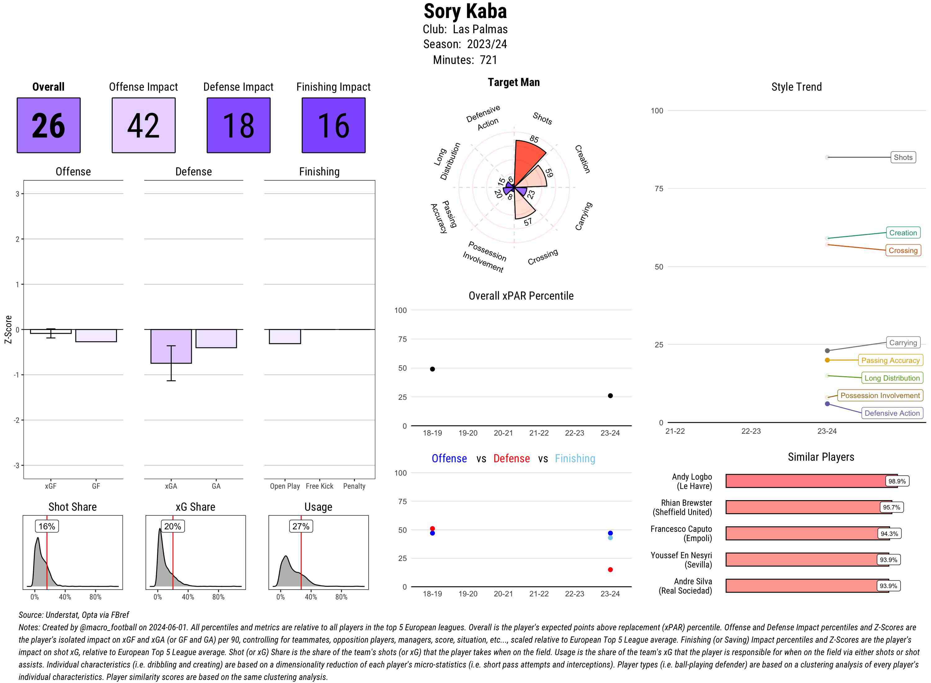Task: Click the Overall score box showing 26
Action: (48, 125)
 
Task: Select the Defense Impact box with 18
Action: (238, 125)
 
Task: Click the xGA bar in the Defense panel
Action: (171, 346)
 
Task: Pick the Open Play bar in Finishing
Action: (285, 336)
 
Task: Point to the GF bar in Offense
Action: (96, 335)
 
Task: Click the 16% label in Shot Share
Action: (47, 526)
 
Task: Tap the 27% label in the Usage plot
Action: (301, 526)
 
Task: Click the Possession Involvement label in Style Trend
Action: (880, 395)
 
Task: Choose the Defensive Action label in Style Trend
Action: (892, 413)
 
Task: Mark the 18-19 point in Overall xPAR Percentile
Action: (432, 369)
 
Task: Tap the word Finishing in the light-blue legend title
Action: (575, 459)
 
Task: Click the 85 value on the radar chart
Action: (534, 139)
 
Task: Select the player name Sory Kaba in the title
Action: (465, 11)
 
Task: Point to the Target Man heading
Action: (514, 82)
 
